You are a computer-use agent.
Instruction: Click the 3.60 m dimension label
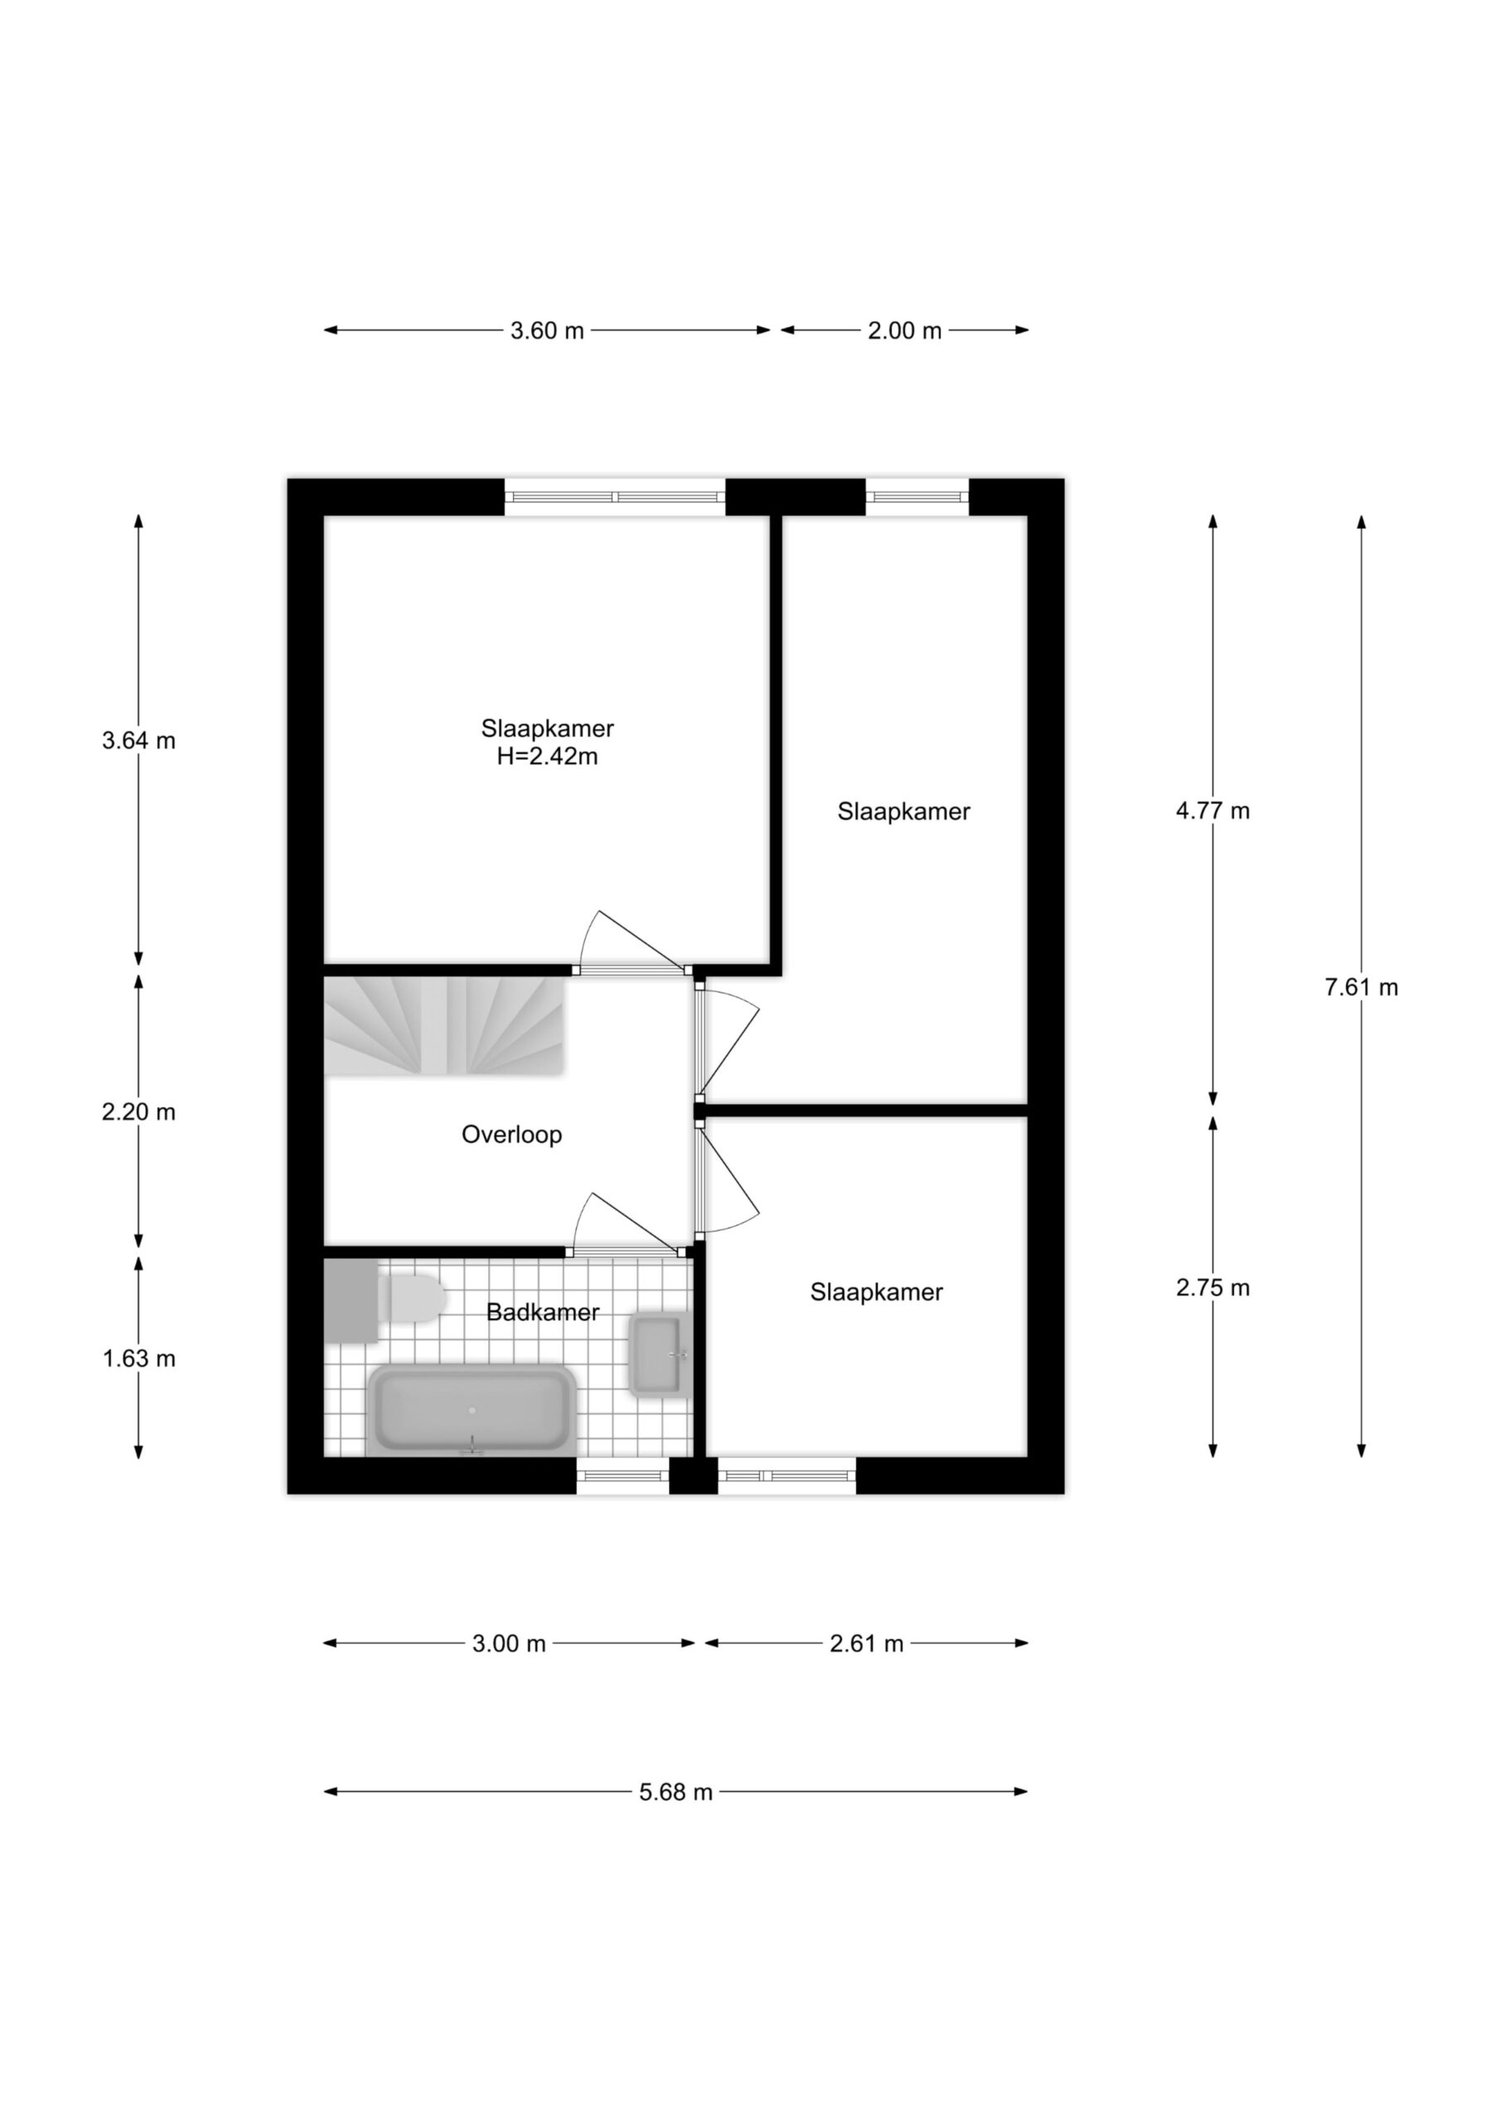547,330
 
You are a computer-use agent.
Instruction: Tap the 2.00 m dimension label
904,330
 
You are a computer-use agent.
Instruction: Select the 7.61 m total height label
1361,987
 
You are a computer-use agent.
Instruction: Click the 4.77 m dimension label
1212,811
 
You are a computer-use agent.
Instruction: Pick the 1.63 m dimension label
138,1359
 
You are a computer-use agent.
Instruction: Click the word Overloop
511,1134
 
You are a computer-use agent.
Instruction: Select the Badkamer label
543,1311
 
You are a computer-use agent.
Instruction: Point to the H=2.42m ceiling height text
547,757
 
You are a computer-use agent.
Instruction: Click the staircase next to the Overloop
443,1026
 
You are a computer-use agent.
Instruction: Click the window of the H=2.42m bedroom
615,497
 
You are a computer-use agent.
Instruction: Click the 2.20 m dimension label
138,1112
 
